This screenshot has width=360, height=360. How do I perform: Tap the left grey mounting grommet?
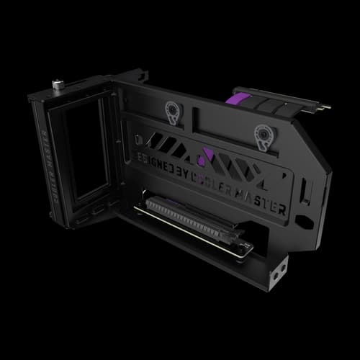[172, 112]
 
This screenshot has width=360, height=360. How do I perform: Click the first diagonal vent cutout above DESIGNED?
[154, 136]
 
